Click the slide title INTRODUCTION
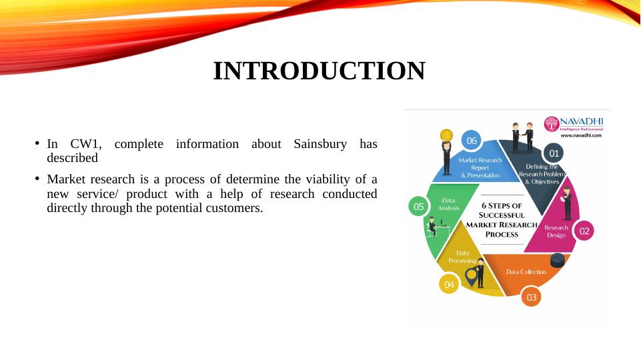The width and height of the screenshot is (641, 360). coord(319,71)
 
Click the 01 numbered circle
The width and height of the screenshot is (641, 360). coord(553,153)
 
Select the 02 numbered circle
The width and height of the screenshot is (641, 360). coord(584,231)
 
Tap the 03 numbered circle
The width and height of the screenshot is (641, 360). coord(531,297)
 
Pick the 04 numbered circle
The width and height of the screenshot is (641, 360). coord(449,285)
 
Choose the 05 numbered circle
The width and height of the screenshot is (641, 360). coord(418,207)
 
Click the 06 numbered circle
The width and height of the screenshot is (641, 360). coord(471,141)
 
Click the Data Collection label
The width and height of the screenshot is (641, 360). coord(526,272)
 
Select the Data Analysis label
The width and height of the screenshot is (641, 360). coord(448,204)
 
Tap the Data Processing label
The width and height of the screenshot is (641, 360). coord(462,257)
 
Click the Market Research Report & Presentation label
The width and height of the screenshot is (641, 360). coord(480,167)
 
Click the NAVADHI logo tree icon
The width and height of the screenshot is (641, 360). coord(552,124)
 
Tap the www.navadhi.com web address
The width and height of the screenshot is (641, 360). coord(580,135)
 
